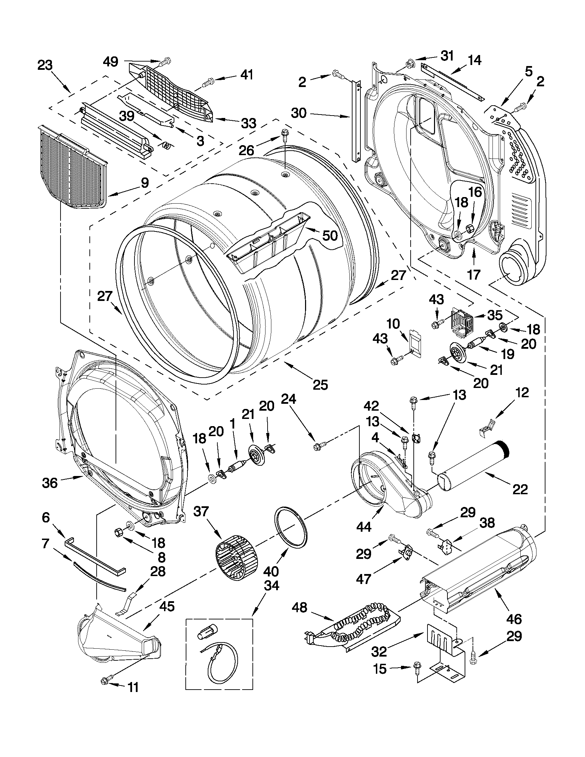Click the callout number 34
pyautogui.click(x=271, y=586)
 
